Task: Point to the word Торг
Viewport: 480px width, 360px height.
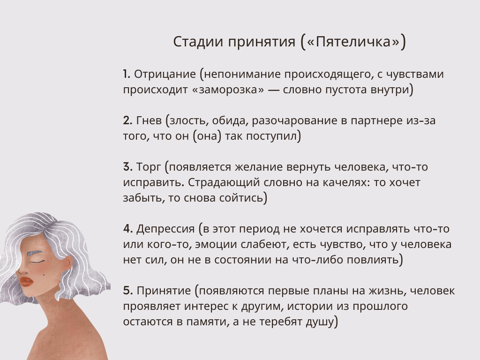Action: (148, 167)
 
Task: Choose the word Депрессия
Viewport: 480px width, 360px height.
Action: (165, 229)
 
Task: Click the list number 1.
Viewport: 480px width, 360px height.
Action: (126, 74)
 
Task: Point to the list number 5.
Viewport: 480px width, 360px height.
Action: (127, 291)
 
